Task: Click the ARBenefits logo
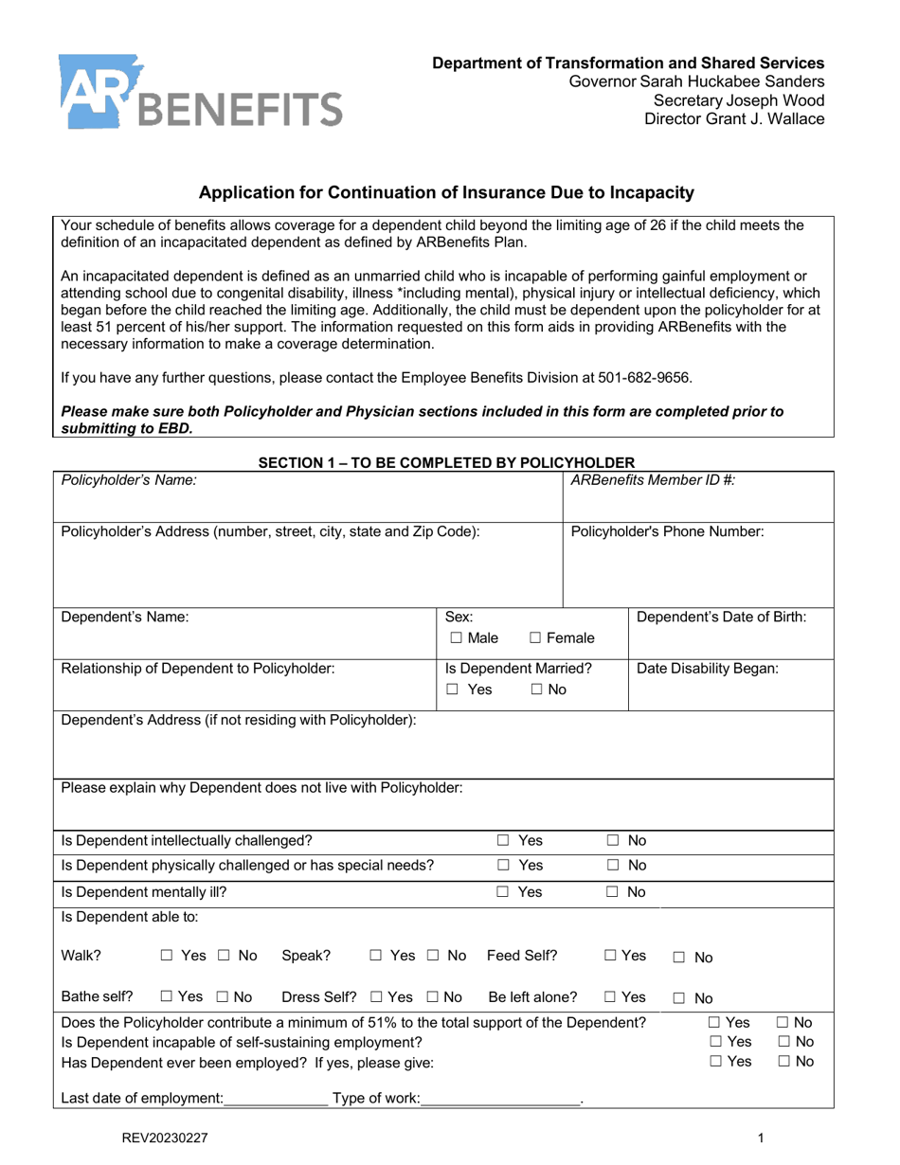[199, 93]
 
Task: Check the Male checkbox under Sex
[457, 638]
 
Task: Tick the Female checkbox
[536, 638]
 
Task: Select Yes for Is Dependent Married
[454, 690]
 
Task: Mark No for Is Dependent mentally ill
[614, 891]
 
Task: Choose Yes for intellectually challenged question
[504, 840]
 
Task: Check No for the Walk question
[225, 956]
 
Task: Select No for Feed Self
[678, 958]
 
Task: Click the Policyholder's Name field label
[129, 480]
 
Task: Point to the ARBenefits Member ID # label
[653, 480]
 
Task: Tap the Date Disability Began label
[708, 668]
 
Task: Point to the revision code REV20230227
[165, 1139]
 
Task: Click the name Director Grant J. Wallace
[734, 119]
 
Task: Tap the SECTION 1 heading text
[446, 462]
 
